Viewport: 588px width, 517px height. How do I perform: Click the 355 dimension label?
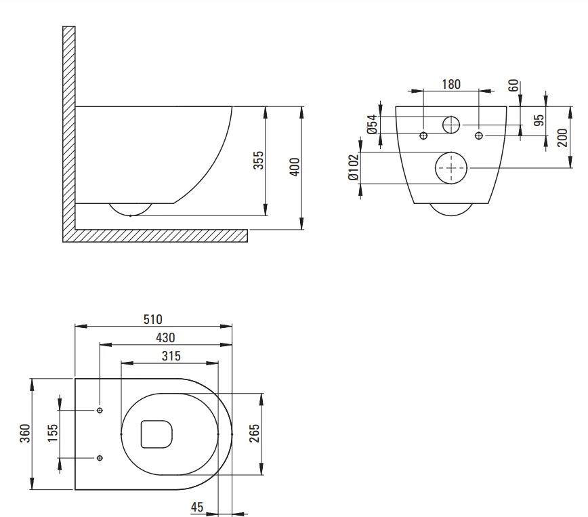[258, 160]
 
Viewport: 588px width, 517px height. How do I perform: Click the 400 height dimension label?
[295, 167]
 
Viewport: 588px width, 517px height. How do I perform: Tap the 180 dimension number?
[451, 85]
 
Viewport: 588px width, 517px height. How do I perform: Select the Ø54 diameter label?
[372, 125]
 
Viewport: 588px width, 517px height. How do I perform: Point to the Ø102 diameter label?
[354, 167]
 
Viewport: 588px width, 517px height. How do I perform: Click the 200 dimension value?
[563, 138]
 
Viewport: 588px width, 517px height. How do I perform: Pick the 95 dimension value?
[539, 120]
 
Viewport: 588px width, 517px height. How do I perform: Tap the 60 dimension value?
[513, 85]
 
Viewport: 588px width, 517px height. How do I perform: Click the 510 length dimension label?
[153, 319]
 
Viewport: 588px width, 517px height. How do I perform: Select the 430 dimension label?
[165, 337]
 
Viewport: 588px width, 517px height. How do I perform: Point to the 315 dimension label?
[171, 356]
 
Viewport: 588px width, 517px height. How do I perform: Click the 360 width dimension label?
[25, 434]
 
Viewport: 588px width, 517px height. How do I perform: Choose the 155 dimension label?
[53, 433]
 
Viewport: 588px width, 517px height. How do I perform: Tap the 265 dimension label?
[254, 434]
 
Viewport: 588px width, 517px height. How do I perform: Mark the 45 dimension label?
[197, 508]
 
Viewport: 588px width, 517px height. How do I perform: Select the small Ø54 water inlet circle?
[451, 117]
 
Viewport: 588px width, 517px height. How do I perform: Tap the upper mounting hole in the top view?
[100, 411]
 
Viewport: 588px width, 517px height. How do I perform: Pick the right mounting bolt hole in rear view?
[479, 136]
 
